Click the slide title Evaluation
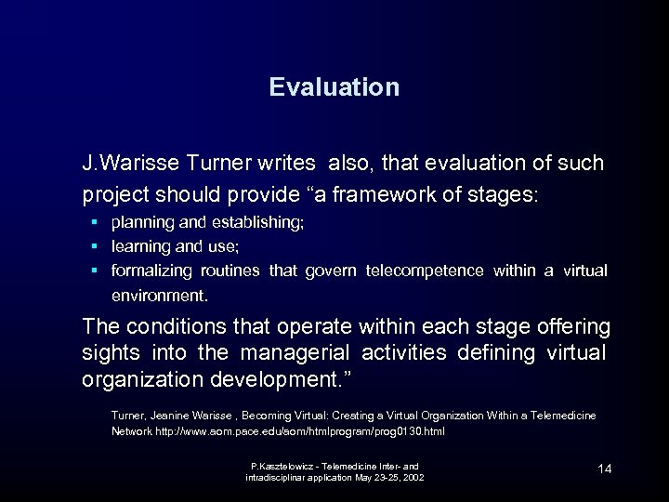point(334,87)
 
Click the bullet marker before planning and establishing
point(95,223)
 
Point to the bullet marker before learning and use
point(95,246)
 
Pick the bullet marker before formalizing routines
point(95,271)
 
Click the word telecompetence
point(425,271)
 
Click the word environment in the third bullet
point(159,296)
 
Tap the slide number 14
point(605,469)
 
